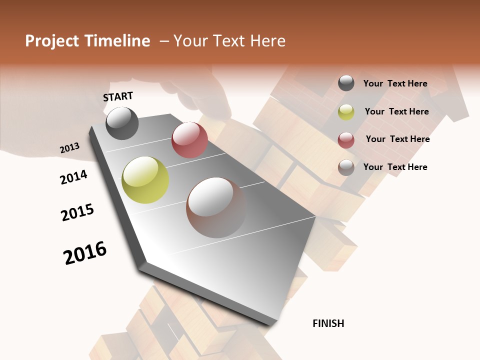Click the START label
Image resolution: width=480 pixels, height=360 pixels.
[x=118, y=96]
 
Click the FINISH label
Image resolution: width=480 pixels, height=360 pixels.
[x=328, y=323]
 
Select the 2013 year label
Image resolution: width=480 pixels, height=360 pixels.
[x=69, y=148]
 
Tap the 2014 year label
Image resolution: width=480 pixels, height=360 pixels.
[x=73, y=177]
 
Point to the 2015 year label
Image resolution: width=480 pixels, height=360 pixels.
[x=77, y=212]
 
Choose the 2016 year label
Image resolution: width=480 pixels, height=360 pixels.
[x=85, y=253]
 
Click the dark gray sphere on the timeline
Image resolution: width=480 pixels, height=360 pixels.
[x=122, y=123]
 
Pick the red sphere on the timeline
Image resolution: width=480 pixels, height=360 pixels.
[x=189, y=140]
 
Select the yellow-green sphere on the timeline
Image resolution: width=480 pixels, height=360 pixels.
[x=145, y=180]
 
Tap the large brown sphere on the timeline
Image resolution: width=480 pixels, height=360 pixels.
[x=216, y=207]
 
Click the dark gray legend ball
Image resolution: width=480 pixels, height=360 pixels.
[x=346, y=83]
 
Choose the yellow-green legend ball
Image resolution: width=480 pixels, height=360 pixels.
[x=346, y=112]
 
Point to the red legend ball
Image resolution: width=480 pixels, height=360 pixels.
[x=346, y=140]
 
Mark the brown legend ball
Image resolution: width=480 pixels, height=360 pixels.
[x=346, y=167]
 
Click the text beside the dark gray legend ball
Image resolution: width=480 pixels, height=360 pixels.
[x=395, y=83]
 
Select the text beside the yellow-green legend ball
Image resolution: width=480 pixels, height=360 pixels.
[x=396, y=111]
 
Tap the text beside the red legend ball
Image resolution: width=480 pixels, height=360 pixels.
[x=397, y=139]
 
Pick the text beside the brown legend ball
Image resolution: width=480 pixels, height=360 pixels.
[x=395, y=167]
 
